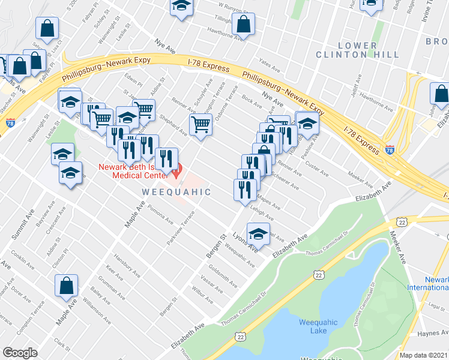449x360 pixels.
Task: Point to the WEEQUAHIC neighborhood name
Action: pyautogui.click(x=176, y=192)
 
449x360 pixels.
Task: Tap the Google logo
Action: pyautogui.click(x=20, y=353)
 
